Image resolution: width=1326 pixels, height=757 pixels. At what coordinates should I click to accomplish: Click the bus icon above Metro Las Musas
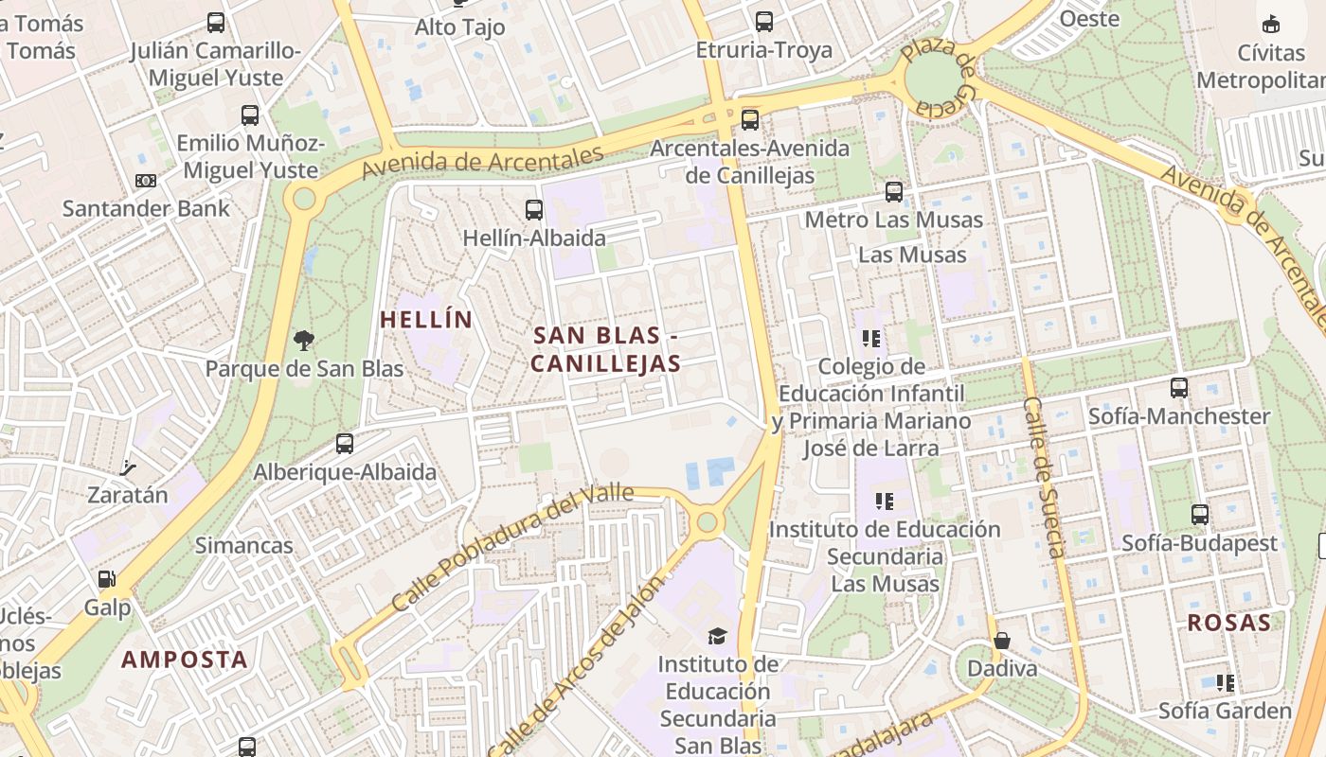894,192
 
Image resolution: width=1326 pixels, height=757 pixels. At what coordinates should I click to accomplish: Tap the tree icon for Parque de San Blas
304,341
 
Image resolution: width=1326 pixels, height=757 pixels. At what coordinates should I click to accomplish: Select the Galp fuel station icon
107,579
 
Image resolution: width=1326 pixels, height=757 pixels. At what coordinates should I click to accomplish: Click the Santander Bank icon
146,181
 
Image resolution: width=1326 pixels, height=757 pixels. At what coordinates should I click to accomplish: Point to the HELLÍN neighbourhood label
426,320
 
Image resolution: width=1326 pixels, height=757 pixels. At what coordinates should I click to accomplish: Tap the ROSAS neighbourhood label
1228,623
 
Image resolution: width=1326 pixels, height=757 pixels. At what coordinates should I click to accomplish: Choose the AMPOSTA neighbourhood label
185,660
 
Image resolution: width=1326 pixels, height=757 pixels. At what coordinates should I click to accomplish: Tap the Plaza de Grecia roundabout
934,80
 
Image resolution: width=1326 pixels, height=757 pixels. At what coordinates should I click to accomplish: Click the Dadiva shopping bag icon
1002,641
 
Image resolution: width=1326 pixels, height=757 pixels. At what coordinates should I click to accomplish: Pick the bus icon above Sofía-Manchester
1179,388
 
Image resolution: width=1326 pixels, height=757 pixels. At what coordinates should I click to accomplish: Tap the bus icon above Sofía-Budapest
1200,515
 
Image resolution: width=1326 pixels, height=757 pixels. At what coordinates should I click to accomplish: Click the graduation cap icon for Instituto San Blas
718,636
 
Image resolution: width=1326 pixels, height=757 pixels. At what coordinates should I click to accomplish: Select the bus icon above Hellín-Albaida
534,210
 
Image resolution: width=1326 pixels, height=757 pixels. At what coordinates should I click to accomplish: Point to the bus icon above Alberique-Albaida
345,444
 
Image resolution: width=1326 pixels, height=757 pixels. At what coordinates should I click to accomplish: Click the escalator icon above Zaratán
128,467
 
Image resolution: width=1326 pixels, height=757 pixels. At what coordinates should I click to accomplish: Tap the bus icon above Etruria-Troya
764,22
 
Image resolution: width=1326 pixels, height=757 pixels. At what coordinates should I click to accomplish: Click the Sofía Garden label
1225,711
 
